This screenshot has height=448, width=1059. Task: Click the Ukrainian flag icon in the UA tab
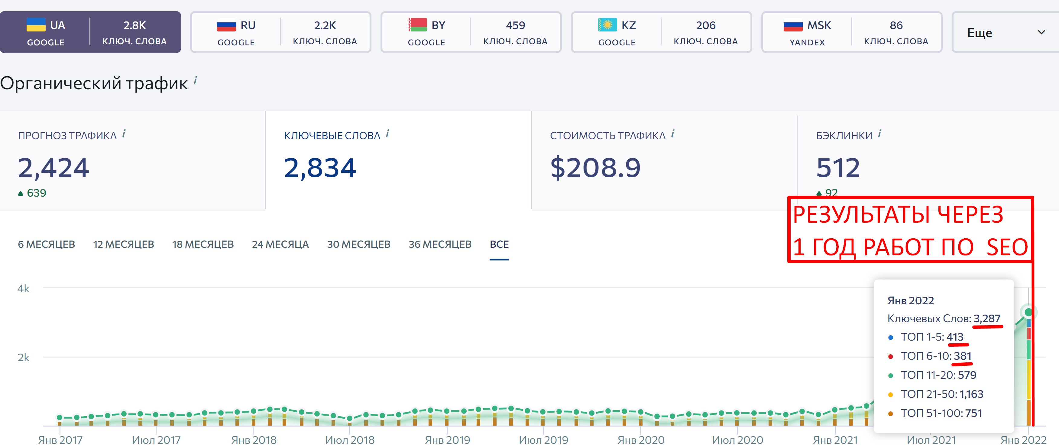36,25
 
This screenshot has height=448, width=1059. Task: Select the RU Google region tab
280,32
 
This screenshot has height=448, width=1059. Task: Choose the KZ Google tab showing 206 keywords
661,32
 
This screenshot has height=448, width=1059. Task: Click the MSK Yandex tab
851,32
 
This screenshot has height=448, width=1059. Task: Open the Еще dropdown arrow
1041,32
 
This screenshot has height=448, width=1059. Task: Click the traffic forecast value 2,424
53,168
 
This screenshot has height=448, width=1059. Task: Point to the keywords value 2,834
320,168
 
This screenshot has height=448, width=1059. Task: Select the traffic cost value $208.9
595,168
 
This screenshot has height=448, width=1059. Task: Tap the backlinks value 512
838,168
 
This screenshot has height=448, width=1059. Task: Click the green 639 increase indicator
32,193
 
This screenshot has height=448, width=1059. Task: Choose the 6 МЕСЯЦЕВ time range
47,244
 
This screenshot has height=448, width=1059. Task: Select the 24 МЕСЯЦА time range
280,244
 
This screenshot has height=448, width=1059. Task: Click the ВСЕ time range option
499,244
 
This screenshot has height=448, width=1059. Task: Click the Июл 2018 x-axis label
350,440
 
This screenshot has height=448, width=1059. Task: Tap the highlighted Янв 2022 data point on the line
1028,312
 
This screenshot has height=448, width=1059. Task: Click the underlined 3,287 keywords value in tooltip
987,319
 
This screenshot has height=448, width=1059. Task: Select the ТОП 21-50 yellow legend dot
890,394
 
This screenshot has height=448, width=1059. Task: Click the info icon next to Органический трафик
195,80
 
